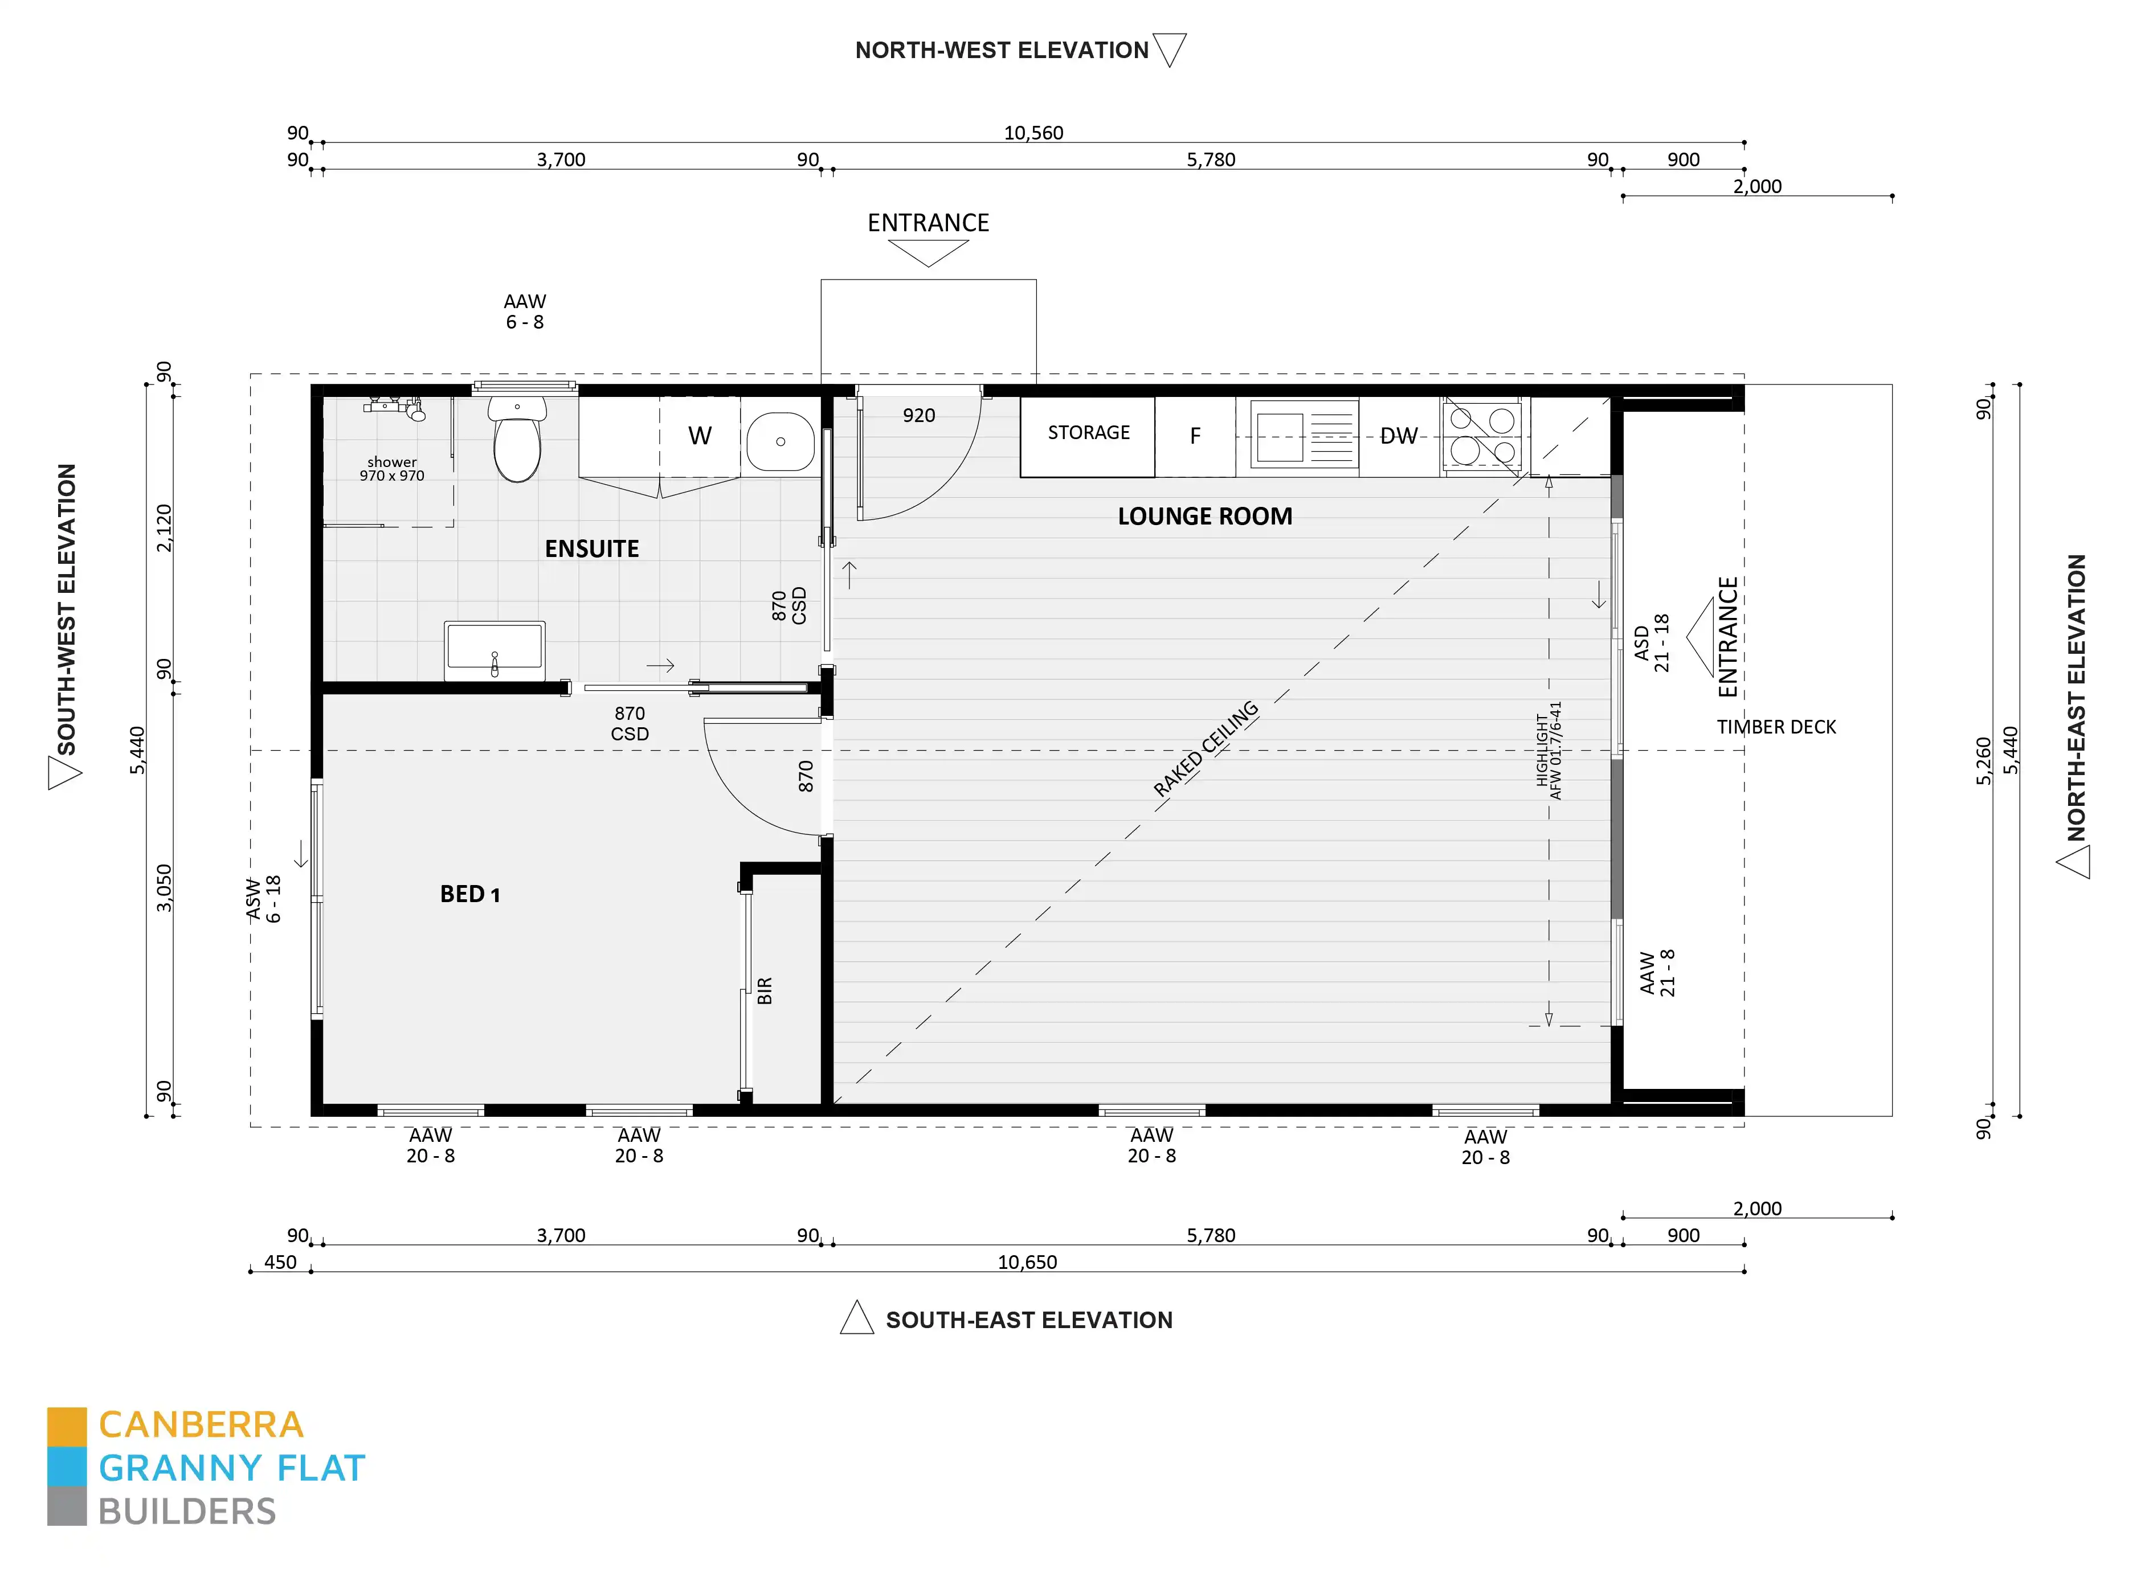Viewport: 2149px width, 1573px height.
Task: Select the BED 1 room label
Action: pyautogui.click(x=469, y=894)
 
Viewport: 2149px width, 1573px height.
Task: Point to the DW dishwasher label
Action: pyautogui.click(x=1398, y=436)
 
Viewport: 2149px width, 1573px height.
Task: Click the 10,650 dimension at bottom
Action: pyautogui.click(x=1026, y=1261)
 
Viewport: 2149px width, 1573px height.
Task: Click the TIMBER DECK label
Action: pyautogui.click(x=1776, y=727)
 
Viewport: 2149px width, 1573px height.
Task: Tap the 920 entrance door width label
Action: pyautogui.click(x=918, y=415)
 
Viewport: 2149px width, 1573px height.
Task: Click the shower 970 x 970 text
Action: pyautogui.click(x=391, y=469)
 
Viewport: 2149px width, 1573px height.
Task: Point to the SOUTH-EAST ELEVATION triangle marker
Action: pyautogui.click(x=856, y=1319)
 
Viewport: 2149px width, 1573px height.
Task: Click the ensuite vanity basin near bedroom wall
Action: pyautogui.click(x=495, y=649)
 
